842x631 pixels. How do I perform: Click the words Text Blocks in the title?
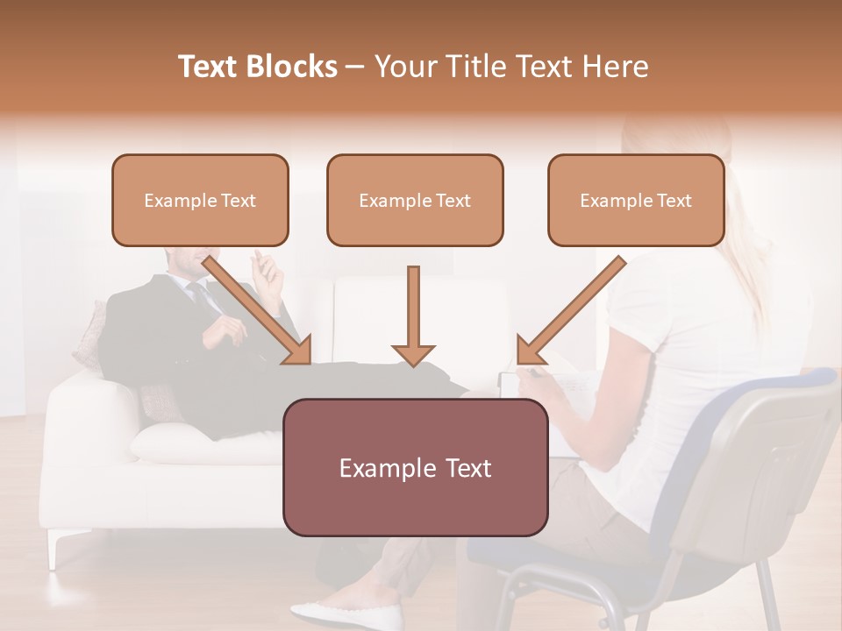[x=257, y=67]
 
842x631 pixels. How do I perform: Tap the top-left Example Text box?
[x=200, y=200]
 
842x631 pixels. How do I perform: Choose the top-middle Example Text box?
[x=415, y=200]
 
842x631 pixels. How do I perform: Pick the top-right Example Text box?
[x=636, y=200]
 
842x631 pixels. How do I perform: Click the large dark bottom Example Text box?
[x=415, y=467]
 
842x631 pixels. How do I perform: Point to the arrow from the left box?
[x=260, y=311]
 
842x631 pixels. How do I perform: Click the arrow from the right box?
[x=570, y=311]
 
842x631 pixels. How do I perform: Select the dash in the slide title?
[x=355, y=67]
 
